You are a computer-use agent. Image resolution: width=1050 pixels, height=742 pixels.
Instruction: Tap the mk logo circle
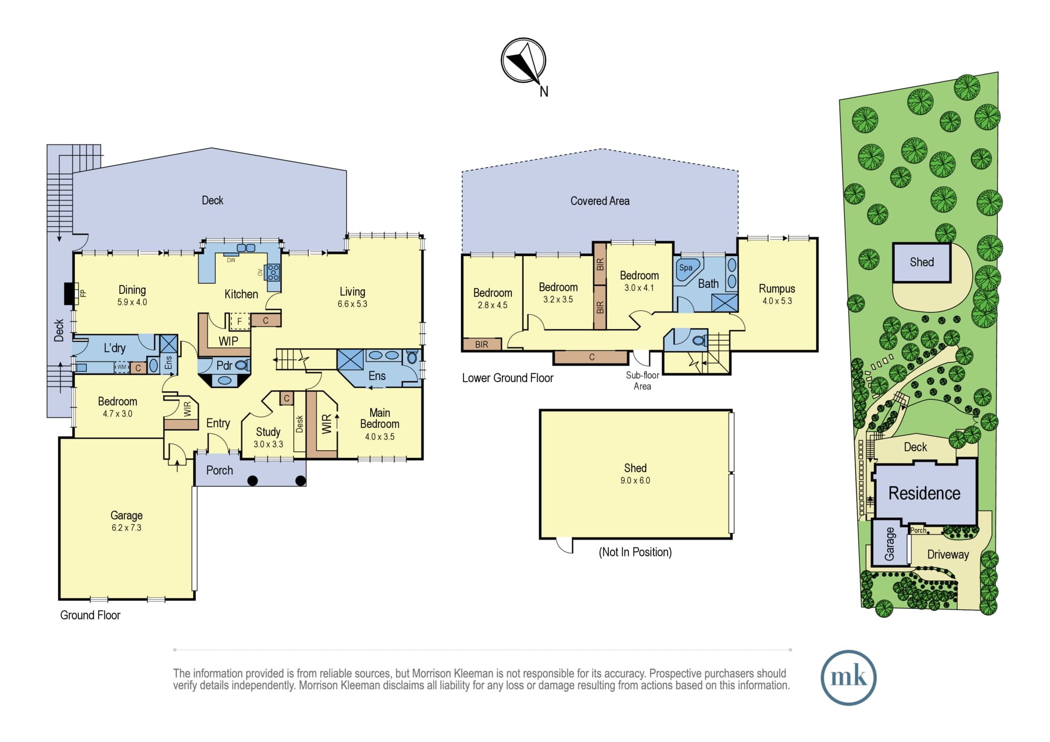click(848, 677)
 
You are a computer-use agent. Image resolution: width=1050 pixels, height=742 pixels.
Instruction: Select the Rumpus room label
click(777, 289)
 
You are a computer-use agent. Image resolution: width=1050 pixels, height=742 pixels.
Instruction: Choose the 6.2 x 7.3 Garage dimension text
click(127, 528)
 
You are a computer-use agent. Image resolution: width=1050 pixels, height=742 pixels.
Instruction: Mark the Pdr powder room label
click(224, 365)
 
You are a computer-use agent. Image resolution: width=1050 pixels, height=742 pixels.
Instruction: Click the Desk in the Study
click(299, 424)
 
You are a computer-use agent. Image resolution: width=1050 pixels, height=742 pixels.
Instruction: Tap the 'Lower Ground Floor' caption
click(508, 378)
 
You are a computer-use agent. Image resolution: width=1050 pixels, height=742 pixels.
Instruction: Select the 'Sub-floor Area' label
click(642, 381)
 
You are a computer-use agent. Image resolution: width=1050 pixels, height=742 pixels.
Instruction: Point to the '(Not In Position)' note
click(635, 552)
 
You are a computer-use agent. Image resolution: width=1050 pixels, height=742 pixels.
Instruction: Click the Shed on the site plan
click(922, 262)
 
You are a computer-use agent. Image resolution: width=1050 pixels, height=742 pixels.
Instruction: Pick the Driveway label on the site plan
click(948, 555)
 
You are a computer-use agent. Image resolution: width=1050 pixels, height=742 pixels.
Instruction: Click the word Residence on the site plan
click(925, 493)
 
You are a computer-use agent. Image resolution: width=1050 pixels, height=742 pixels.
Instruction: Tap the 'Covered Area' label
click(600, 201)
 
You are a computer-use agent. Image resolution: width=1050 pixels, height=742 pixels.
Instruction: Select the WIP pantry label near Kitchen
click(228, 341)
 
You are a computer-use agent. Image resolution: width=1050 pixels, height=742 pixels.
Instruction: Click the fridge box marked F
click(240, 321)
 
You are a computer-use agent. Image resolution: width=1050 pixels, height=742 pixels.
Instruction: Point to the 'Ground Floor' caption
click(90, 615)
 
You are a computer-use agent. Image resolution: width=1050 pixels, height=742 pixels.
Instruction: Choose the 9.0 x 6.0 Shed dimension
click(635, 481)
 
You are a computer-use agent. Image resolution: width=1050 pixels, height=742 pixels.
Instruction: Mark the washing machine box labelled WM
click(122, 367)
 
